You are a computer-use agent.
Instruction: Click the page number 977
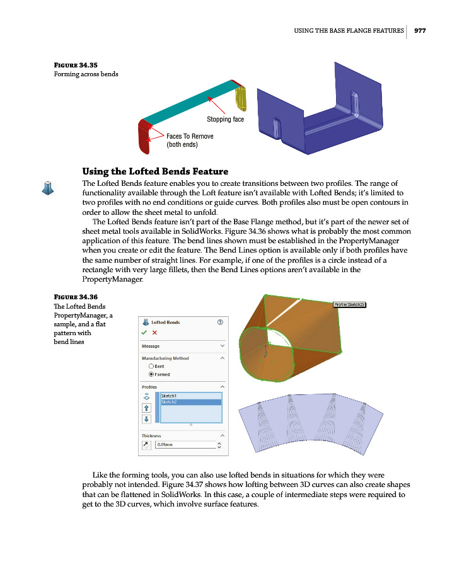tap(420, 30)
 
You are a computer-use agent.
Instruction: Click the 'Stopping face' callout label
tap(225, 119)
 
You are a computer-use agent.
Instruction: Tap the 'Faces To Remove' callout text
tap(190, 136)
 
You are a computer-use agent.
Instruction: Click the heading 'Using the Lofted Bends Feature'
tap(155, 171)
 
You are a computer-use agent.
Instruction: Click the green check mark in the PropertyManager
tap(144, 333)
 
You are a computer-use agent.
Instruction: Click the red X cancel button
tap(154, 333)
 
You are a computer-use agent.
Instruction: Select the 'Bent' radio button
tap(151, 366)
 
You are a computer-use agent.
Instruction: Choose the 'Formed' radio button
tap(151, 374)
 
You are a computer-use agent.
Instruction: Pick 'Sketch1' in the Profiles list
tap(169, 396)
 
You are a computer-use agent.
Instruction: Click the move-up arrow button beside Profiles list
tap(146, 408)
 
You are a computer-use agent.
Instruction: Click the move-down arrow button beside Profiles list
tap(146, 418)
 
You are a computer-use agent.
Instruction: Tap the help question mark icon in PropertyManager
tap(220, 322)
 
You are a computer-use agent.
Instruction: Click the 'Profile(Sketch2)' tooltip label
tap(349, 304)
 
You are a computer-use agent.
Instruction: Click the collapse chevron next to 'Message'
tap(222, 346)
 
